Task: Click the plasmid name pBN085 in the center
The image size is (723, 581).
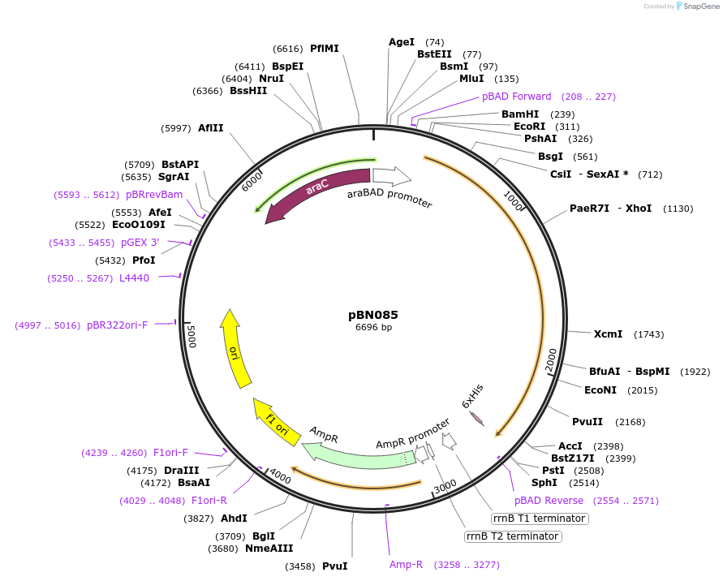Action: click(x=373, y=315)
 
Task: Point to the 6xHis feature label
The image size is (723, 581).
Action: click(x=472, y=395)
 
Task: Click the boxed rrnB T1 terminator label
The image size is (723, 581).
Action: click(x=540, y=519)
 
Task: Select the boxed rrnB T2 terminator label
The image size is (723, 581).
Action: click(x=512, y=536)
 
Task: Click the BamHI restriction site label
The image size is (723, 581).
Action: click(x=520, y=114)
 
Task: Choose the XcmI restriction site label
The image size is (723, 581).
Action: click(x=608, y=334)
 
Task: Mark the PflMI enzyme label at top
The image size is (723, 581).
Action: click(x=325, y=49)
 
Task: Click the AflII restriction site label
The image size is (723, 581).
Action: click(x=210, y=128)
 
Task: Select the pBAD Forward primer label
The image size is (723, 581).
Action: click(x=516, y=97)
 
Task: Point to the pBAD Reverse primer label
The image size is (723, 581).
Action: click(x=549, y=501)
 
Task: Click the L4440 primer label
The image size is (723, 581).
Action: click(x=134, y=278)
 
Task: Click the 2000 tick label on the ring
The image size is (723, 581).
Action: click(x=550, y=359)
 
